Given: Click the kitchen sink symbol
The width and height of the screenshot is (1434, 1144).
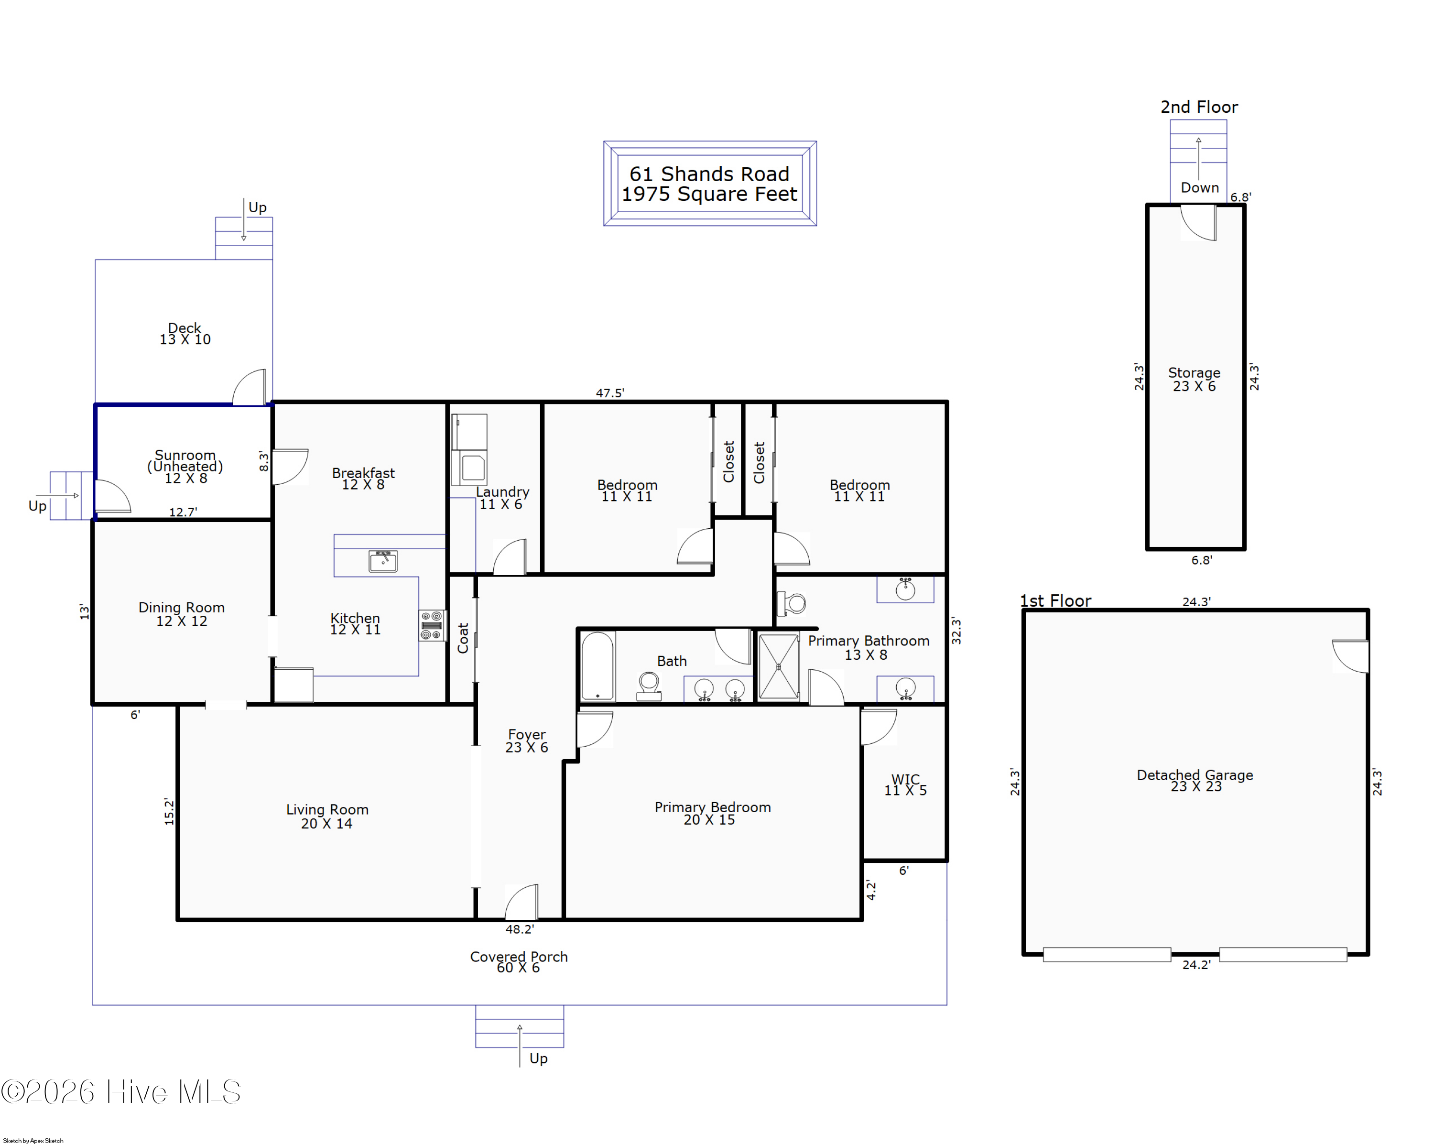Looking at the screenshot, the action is (x=383, y=561).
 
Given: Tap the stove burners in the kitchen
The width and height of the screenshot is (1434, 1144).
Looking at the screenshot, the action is (x=432, y=626).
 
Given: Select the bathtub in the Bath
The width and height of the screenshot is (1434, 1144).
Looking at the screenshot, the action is (x=597, y=666).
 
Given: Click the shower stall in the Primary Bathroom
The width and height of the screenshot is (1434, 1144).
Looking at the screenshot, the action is (x=779, y=666).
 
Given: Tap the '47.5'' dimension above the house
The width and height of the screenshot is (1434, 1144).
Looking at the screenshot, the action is (x=610, y=393).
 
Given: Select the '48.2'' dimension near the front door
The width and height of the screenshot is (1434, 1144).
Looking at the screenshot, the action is (x=520, y=929).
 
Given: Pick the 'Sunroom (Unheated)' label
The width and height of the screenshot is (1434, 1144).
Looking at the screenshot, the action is (x=185, y=460).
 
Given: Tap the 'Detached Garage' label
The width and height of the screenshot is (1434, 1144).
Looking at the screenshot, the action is (x=1195, y=775).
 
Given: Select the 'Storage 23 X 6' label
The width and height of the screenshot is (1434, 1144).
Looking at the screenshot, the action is (x=1195, y=379).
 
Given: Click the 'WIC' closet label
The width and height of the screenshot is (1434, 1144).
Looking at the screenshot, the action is (x=905, y=779).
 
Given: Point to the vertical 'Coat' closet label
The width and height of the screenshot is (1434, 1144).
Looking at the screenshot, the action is (x=464, y=638).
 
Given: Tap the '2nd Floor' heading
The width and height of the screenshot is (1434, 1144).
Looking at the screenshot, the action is (x=1199, y=107).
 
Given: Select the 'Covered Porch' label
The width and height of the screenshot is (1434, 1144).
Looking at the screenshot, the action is (x=519, y=957).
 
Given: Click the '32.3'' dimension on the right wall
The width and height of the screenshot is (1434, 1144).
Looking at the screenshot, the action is (x=956, y=631).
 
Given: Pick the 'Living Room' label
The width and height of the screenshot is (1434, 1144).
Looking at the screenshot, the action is (x=327, y=809).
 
